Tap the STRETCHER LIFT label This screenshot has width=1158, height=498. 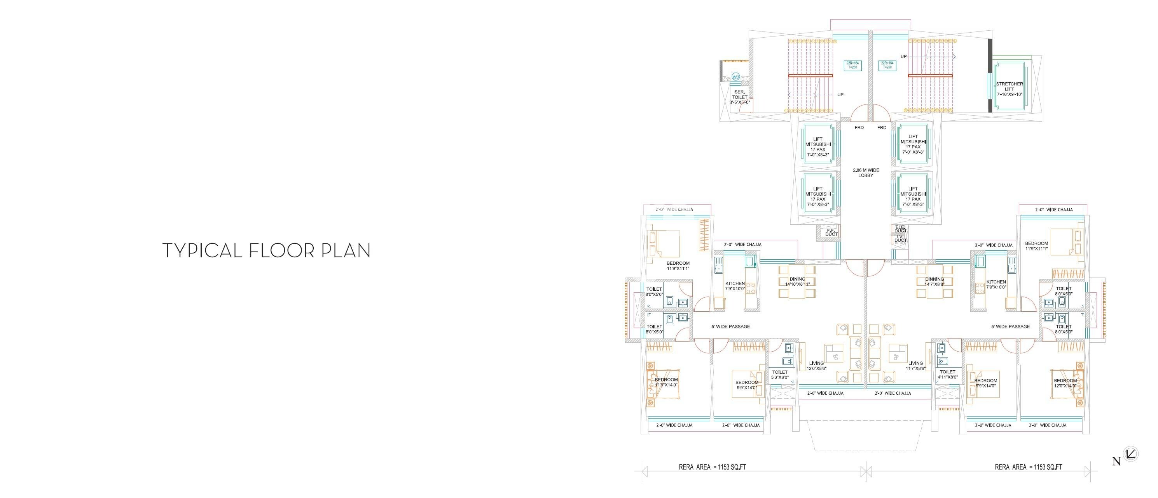point(1009,89)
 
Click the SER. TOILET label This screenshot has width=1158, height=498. point(739,97)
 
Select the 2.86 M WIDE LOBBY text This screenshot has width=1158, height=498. point(866,173)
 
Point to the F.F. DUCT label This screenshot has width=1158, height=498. point(831,232)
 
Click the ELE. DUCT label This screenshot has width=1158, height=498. point(900,229)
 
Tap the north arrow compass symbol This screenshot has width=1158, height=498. point(1130,454)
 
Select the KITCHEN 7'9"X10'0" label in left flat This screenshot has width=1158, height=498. point(782,286)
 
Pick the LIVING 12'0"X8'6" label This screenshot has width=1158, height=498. point(816,366)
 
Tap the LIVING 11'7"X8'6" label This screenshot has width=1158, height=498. point(915,366)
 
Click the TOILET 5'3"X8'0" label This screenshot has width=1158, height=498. point(780,375)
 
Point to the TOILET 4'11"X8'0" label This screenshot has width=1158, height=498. point(947,375)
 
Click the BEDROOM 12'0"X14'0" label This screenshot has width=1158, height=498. point(1065,383)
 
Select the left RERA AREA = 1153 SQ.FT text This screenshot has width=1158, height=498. point(712,467)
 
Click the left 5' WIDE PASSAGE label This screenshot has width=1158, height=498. point(730,326)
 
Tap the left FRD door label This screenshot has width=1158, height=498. point(859,128)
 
